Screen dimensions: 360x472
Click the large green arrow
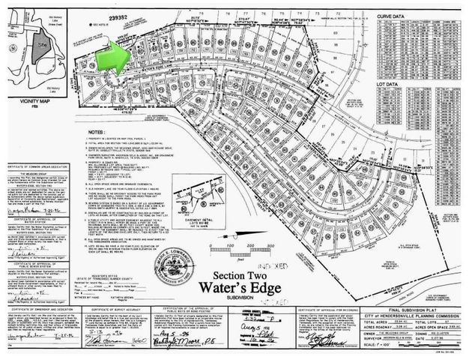(114, 56)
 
